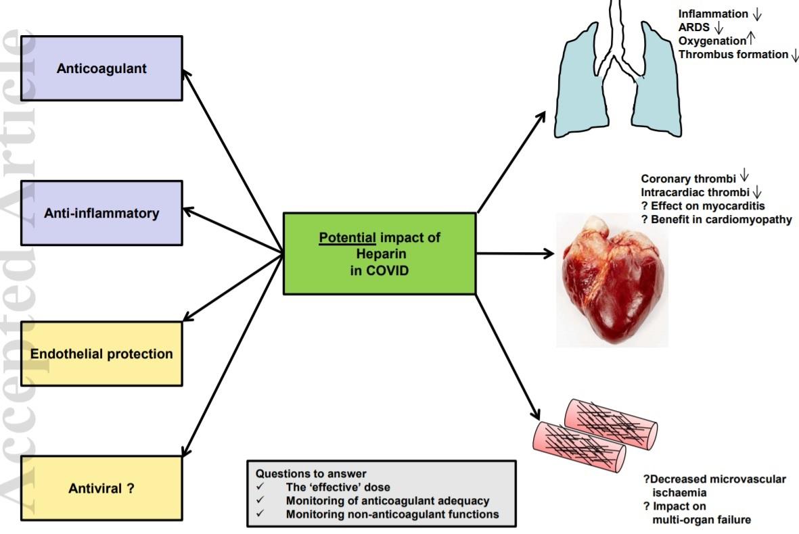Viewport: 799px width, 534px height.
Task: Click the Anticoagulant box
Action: (x=101, y=68)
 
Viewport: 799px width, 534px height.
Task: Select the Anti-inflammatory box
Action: (x=101, y=213)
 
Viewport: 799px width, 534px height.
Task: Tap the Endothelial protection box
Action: (x=101, y=354)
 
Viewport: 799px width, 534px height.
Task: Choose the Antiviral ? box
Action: (x=101, y=487)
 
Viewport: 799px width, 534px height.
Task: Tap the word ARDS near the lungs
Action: (x=694, y=27)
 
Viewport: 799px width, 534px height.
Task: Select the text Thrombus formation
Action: (x=733, y=54)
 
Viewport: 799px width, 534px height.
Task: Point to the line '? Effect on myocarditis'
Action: (x=703, y=206)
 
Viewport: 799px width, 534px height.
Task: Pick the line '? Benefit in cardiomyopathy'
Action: (x=716, y=220)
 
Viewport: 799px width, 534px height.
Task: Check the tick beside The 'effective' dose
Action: (x=260, y=487)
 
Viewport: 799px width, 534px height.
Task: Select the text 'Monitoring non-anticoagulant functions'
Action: (x=392, y=514)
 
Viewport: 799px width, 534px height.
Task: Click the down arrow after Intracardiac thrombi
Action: (x=757, y=193)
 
